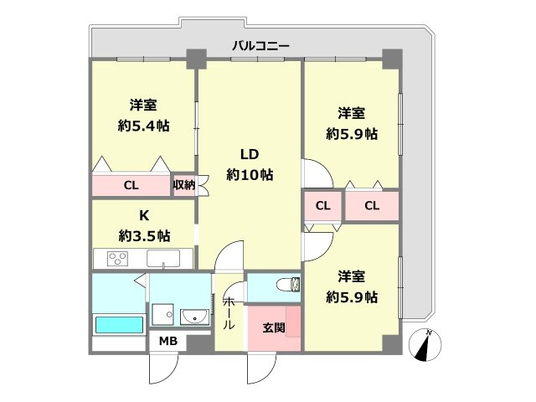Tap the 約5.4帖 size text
point(143,126)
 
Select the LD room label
point(250,154)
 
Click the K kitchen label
point(143,214)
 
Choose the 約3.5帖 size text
point(143,234)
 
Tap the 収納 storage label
point(183,185)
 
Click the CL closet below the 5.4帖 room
point(131,186)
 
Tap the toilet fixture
point(287,286)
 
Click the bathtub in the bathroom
point(118,324)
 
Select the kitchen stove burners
point(116,258)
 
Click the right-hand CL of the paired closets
point(372,206)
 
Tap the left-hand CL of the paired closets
point(322,206)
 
